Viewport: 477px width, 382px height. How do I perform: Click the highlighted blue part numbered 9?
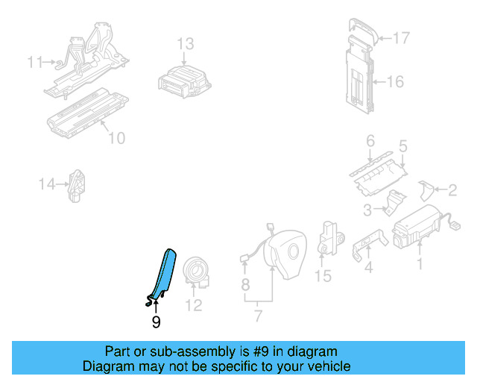[x=163, y=273]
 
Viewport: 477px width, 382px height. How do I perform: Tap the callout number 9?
[x=156, y=322]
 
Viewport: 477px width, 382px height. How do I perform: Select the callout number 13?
[x=185, y=44]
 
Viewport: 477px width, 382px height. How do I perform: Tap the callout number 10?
[x=116, y=138]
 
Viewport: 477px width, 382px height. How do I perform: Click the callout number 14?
[x=48, y=184]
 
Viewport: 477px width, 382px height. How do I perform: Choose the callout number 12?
[x=193, y=304]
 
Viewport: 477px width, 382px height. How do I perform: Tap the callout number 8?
[x=245, y=284]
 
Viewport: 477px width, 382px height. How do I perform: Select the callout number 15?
[x=322, y=277]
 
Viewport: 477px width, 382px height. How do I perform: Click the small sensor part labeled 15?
[x=329, y=237]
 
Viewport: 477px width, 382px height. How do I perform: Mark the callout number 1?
[x=419, y=263]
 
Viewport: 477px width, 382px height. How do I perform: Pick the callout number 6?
[x=370, y=140]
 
